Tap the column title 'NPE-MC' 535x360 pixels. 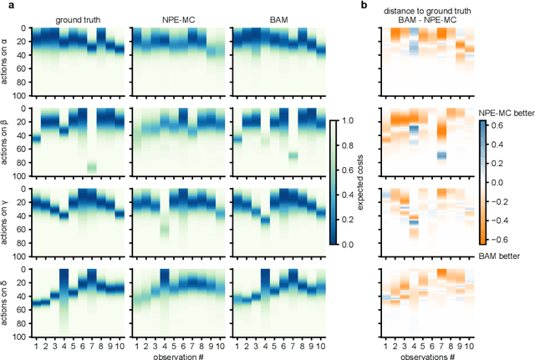pyautogui.click(x=178, y=18)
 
